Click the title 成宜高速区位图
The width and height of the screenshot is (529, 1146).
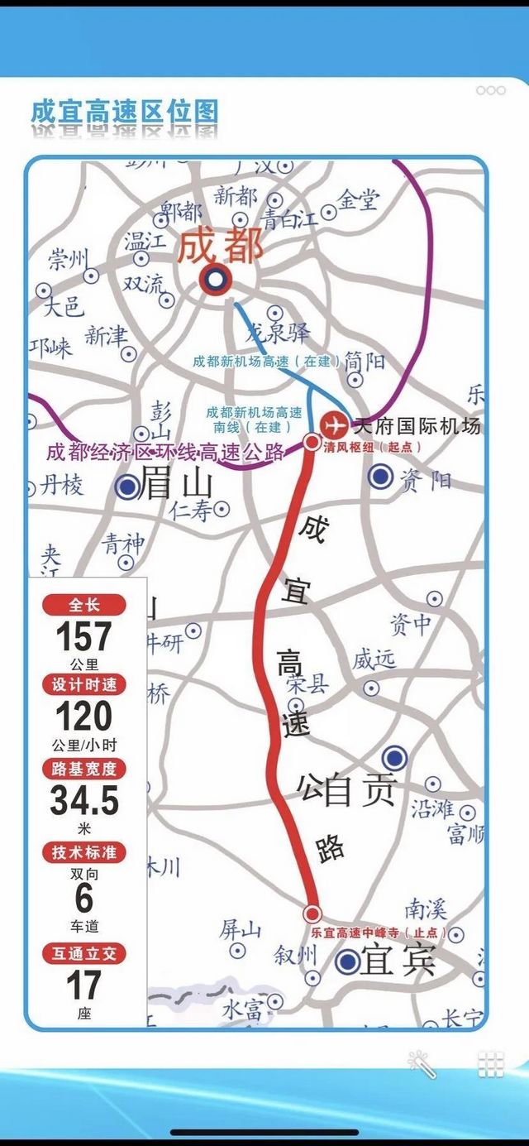(124, 112)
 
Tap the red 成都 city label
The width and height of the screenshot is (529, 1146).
(222, 246)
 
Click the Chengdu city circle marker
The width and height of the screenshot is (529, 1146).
(215, 281)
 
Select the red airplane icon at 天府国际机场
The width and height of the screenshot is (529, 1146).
(335, 425)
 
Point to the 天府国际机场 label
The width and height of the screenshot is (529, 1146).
(416, 427)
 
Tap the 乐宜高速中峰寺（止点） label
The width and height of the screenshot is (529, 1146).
(379, 933)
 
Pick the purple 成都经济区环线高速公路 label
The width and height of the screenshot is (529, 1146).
(165, 452)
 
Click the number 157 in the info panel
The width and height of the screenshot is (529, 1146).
(83, 637)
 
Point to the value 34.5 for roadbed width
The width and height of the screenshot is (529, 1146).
(84, 800)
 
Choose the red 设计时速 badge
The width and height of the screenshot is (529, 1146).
(84, 684)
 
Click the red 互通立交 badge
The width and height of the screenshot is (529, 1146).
(84, 953)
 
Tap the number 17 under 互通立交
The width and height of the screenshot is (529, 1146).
(84, 985)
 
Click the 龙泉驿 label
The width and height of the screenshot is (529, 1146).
(279, 333)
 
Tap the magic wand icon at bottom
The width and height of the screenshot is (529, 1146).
(422, 1064)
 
